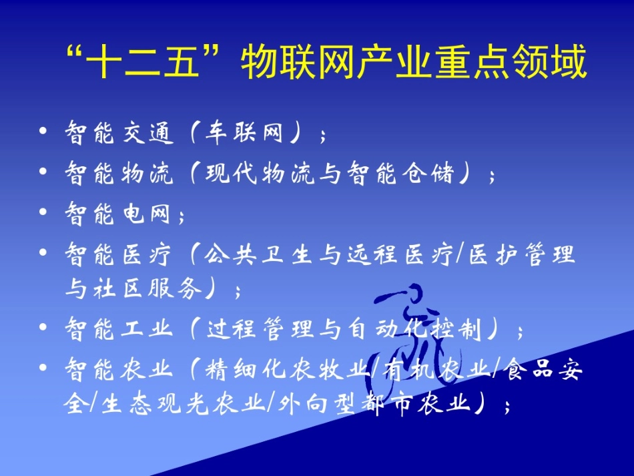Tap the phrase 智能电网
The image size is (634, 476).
click(x=119, y=214)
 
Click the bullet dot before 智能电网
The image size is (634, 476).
click(x=43, y=213)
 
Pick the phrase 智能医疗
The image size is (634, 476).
click(x=119, y=254)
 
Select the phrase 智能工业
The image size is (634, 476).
click(x=119, y=329)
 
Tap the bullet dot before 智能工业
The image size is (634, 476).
click(x=43, y=328)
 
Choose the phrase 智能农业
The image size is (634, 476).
click(x=119, y=369)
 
